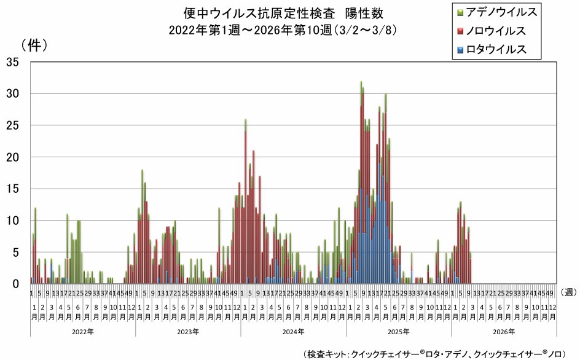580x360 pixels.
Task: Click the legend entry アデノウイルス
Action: pos(501,12)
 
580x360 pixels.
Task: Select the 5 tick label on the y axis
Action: pos(17,252)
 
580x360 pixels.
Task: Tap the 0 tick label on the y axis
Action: pos(17,284)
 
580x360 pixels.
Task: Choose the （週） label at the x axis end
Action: pos(569,292)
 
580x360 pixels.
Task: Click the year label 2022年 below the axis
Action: pos(83,332)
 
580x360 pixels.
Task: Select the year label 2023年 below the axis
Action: pos(188,332)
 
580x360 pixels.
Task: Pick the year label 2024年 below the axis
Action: pos(294,332)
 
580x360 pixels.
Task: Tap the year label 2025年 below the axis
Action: pos(399,332)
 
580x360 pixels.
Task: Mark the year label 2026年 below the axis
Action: pos(504,332)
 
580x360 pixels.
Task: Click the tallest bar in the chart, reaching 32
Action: pos(361,184)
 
